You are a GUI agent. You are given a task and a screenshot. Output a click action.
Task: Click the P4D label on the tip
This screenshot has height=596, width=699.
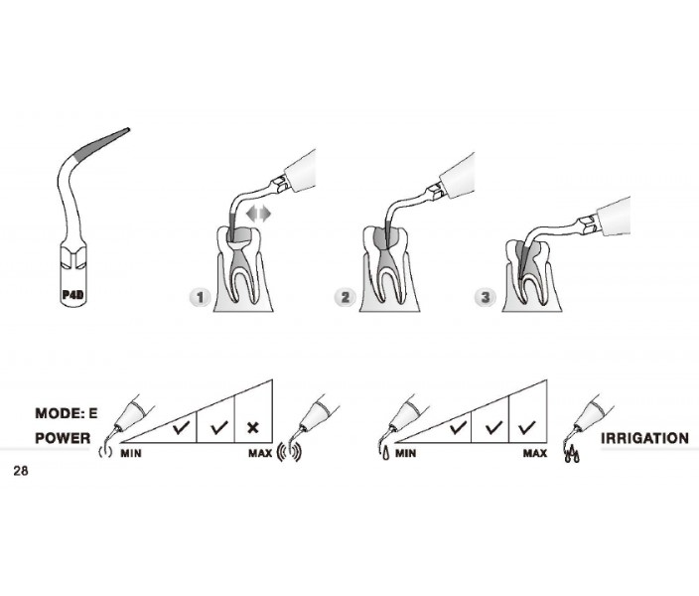click(x=72, y=295)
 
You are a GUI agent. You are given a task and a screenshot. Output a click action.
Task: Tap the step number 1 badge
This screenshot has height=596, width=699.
click(x=200, y=297)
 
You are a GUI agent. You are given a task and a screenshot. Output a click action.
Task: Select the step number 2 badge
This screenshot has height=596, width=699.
click(x=346, y=297)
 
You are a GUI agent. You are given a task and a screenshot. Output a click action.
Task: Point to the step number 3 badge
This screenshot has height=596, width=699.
click(x=486, y=297)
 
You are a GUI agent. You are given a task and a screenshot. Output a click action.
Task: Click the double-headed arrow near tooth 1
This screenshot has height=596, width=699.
click(x=258, y=214)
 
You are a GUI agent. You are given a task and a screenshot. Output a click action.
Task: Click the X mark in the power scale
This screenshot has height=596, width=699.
click(x=253, y=428)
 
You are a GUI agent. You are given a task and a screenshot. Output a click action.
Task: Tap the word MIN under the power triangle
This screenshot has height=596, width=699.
click(x=131, y=454)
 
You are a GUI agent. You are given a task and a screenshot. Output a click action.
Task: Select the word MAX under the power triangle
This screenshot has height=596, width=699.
click(x=260, y=454)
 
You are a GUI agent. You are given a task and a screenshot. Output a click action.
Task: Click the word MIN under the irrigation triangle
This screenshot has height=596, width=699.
click(x=406, y=454)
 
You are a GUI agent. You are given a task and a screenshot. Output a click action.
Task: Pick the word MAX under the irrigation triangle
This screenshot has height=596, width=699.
click(x=535, y=454)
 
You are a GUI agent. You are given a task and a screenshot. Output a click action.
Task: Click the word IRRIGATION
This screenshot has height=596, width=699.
click(x=644, y=438)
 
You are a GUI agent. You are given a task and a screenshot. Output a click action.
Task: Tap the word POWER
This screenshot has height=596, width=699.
click(x=63, y=438)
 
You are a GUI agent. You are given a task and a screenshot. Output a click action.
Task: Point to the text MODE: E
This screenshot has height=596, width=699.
click(x=66, y=413)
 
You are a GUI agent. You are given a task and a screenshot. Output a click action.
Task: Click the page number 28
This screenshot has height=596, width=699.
click(x=21, y=471)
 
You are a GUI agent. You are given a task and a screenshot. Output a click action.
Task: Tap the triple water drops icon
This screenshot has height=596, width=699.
click(x=572, y=455)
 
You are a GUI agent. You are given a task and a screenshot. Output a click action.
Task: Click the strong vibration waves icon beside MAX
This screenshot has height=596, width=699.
click(x=289, y=452)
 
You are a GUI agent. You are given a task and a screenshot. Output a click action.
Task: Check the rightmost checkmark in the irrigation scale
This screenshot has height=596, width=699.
click(x=527, y=428)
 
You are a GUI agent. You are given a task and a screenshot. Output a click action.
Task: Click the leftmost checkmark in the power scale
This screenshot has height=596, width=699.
click(x=182, y=428)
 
